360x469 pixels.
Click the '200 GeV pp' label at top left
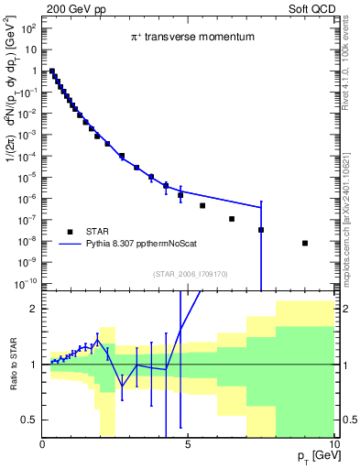click(70, 7)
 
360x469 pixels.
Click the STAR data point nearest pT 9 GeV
click(305, 243)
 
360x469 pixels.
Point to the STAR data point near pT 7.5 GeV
click(261, 230)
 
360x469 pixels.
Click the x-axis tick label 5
click(188, 446)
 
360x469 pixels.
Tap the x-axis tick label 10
click(333, 446)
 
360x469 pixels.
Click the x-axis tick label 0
click(42, 446)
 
